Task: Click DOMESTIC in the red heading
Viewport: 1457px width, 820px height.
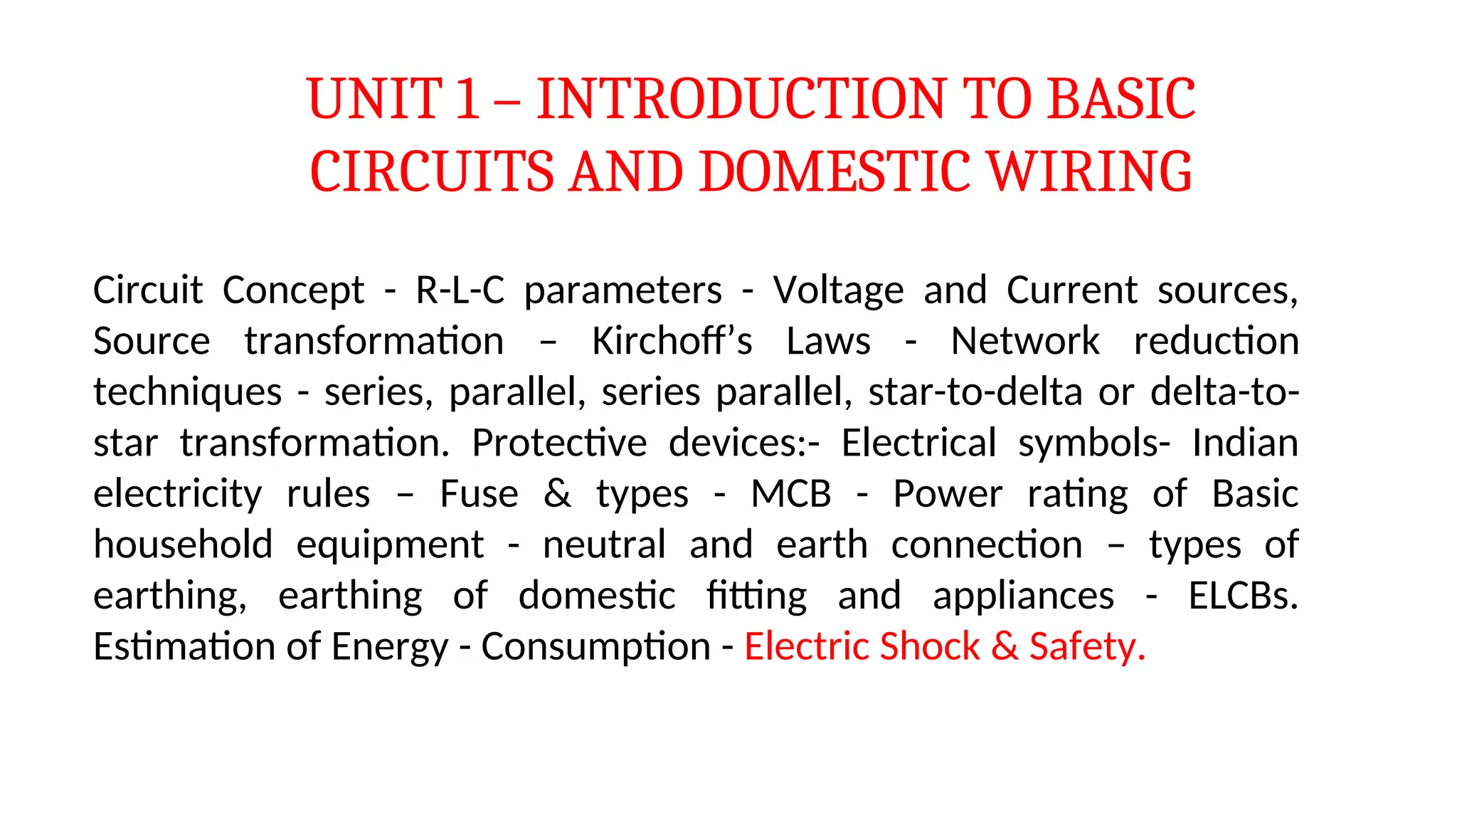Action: (835, 172)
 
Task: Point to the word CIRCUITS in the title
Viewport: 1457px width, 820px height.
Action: (432, 172)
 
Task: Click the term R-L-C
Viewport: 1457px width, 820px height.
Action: (460, 290)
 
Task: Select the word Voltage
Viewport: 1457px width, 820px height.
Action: (839, 290)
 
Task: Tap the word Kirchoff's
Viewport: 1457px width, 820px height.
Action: (672, 341)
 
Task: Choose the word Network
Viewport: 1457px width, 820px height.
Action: (1025, 341)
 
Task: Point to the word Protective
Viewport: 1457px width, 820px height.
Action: (559, 443)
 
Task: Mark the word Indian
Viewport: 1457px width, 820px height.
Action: (1245, 443)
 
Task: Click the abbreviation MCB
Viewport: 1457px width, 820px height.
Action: (791, 494)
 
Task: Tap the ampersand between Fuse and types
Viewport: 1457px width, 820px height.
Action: (558, 494)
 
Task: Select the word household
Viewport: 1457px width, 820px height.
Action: (184, 545)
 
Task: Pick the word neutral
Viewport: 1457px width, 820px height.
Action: (605, 545)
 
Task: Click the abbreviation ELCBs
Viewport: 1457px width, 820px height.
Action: (1243, 596)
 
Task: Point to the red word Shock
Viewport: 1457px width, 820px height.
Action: (930, 646)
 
